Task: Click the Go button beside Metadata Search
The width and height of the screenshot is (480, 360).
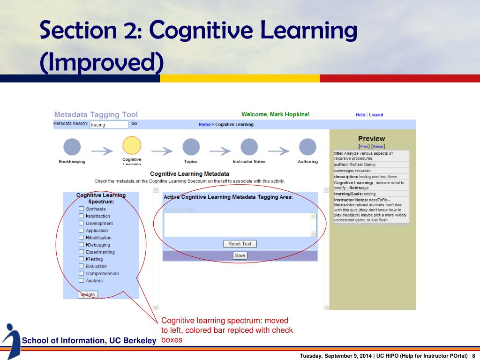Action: pos(134,124)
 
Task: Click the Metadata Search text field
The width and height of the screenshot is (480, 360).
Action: pos(109,125)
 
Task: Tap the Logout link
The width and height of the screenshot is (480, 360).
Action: pos(376,115)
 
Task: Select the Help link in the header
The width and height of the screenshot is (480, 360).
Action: pos(360,115)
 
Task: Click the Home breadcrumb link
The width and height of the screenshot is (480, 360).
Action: pos(204,125)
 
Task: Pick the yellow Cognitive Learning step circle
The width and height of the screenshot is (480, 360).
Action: pos(132,145)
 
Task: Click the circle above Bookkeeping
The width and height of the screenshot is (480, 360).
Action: pos(72,147)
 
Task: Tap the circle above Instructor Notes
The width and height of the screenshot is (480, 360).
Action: pos(249,147)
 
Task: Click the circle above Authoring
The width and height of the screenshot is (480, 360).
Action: pos(307,147)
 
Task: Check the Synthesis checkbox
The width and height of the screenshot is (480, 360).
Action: pos(81,209)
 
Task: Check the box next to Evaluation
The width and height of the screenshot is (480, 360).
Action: pos(81,266)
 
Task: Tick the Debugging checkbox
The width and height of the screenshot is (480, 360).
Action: pos(81,245)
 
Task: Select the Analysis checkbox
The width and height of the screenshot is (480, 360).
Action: pos(81,281)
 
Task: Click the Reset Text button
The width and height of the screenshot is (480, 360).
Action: pos(240,244)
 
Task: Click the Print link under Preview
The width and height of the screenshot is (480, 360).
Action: pos(364,146)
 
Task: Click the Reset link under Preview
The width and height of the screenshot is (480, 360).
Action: pos(378,146)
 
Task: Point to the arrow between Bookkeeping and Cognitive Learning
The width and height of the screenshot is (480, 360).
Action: pos(102,150)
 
